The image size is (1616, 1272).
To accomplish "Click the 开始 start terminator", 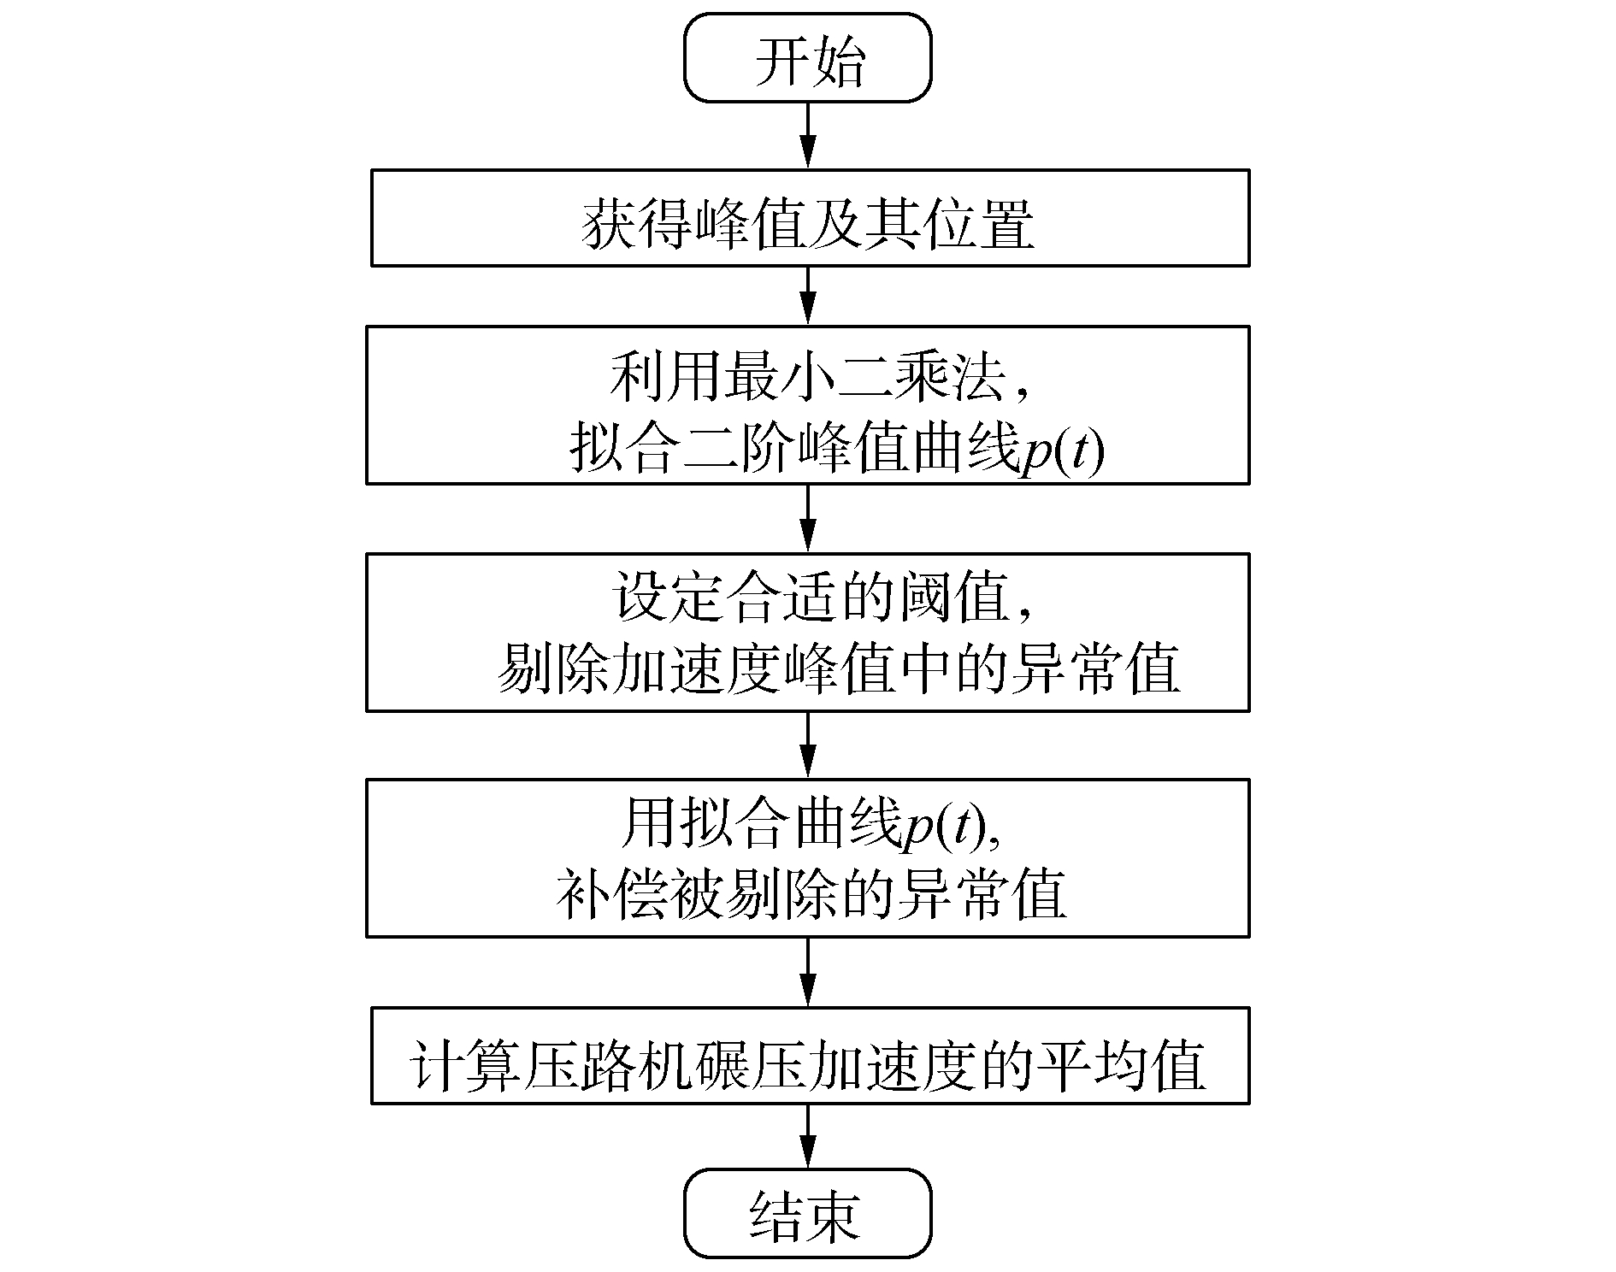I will coord(807,58).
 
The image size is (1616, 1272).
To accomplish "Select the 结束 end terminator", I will coord(807,1212).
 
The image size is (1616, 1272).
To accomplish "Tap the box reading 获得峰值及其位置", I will coord(810,218).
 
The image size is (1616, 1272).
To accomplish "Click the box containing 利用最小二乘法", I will coord(808,404).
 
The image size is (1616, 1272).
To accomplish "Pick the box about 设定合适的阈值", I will coord(808,632).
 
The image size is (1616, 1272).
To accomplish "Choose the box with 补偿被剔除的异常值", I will coord(808,857).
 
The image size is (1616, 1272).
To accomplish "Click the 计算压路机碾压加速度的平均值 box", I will coord(810,1056).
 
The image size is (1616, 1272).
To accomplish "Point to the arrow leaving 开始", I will coord(807,136).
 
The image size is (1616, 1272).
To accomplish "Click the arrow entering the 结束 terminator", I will coord(807,1136).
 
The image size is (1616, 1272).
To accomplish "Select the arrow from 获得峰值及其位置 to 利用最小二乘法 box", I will coord(807,296).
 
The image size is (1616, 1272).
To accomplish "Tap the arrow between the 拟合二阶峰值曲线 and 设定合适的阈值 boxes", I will coord(807,518).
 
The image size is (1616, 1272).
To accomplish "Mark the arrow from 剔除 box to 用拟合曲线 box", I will coord(807,745).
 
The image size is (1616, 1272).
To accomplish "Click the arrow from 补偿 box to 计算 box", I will coord(807,972).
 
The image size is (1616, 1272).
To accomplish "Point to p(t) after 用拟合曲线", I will coord(945,827).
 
